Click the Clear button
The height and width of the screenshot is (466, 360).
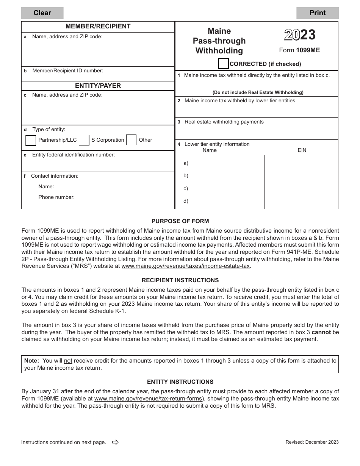42,13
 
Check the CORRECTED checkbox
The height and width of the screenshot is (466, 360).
224,64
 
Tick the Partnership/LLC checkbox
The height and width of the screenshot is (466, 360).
31,140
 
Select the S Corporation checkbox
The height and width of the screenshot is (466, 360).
84,140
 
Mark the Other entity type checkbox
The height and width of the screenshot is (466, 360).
131,140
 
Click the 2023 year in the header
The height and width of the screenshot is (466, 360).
300,35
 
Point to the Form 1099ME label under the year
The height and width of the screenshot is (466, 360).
299,50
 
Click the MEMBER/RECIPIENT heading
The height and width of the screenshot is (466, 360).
98,27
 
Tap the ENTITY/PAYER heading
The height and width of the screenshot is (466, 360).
98,86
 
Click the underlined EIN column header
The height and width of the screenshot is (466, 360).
302,150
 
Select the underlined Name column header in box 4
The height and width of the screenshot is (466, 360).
210,150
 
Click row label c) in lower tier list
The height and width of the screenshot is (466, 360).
186,189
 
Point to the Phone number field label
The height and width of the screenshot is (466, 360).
56,197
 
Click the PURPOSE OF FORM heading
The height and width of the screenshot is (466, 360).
180,221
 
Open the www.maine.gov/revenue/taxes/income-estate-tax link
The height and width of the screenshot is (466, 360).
186,266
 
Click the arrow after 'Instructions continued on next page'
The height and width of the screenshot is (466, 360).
116,442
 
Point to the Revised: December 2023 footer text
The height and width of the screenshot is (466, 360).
312,442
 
